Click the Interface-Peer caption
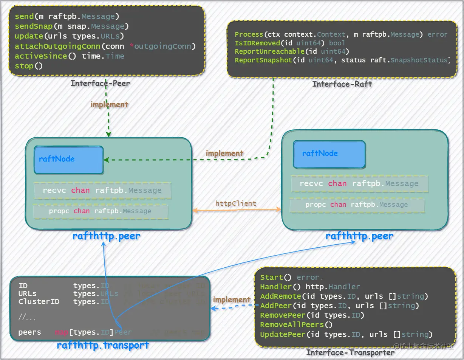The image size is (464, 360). [x=100, y=83]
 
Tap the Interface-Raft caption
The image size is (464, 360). [x=342, y=84]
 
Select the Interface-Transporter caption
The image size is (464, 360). [x=350, y=352]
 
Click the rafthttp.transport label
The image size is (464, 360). [x=103, y=345]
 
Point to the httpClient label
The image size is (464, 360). [x=236, y=203]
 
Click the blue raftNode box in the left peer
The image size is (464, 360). [x=68, y=160]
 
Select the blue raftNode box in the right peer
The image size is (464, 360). [x=329, y=154]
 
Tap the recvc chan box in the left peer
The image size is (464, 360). [x=102, y=190]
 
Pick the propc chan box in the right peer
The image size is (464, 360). [x=357, y=205]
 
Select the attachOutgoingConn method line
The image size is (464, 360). [x=105, y=46]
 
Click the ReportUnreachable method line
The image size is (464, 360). [x=292, y=51]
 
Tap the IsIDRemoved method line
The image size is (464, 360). [x=290, y=43]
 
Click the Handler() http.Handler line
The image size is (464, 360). [x=310, y=287]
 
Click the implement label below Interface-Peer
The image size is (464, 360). [x=109, y=104]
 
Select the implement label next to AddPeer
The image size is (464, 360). [x=232, y=299]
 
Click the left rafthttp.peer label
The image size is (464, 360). [x=106, y=236]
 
